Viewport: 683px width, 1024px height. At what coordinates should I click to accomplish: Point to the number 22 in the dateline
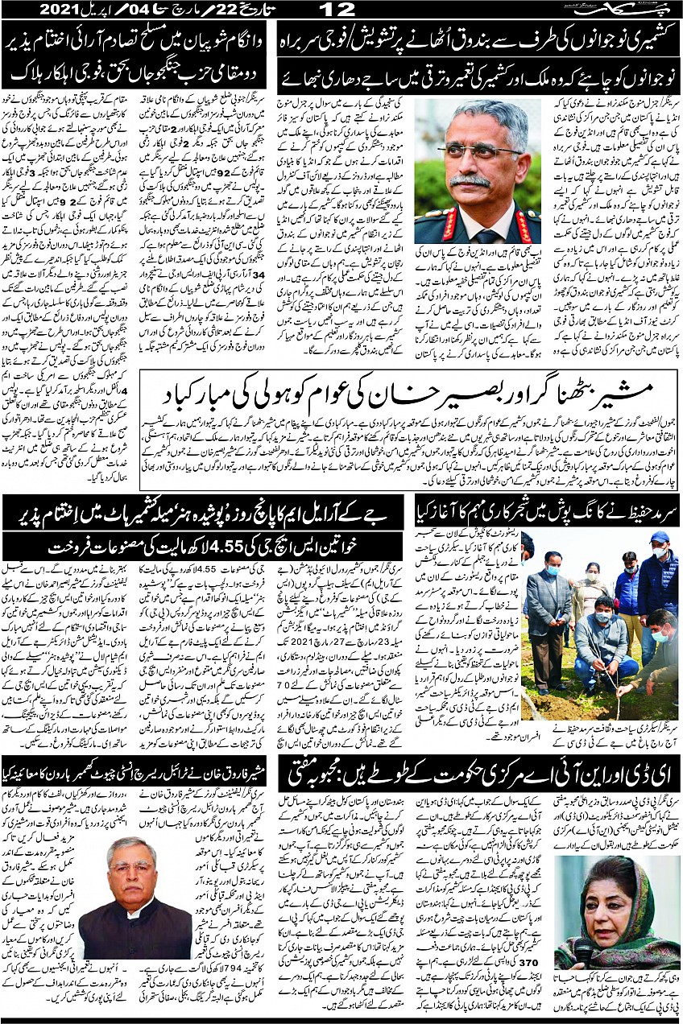pos(205,10)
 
